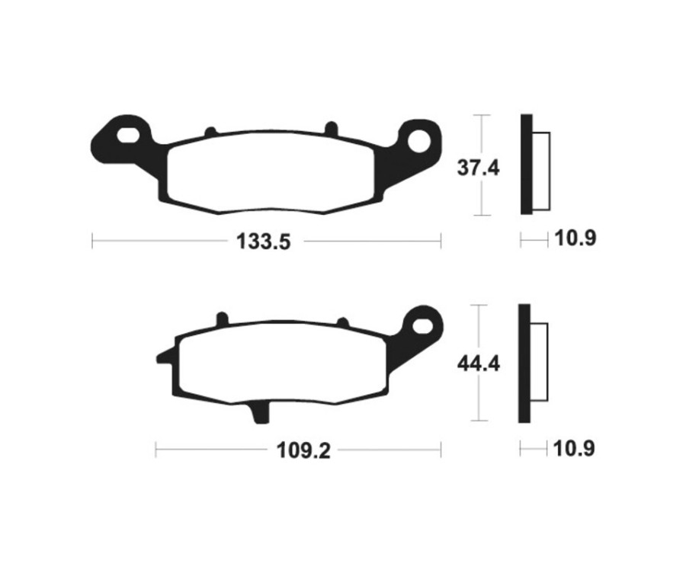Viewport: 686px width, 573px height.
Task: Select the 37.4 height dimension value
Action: [x=478, y=167]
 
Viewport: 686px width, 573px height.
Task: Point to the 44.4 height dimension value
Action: [x=478, y=363]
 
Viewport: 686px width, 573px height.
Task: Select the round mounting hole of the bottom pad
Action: [x=422, y=323]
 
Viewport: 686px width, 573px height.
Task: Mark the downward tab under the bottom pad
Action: [x=258, y=412]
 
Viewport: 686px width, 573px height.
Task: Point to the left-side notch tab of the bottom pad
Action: [x=165, y=357]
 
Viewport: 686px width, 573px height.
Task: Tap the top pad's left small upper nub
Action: [x=211, y=132]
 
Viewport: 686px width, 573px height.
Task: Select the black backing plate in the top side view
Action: [x=526, y=164]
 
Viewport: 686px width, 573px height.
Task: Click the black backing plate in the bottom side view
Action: [x=524, y=363]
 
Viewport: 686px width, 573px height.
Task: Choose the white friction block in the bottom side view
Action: [x=538, y=363]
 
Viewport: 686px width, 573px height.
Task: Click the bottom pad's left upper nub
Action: [x=223, y=319]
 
